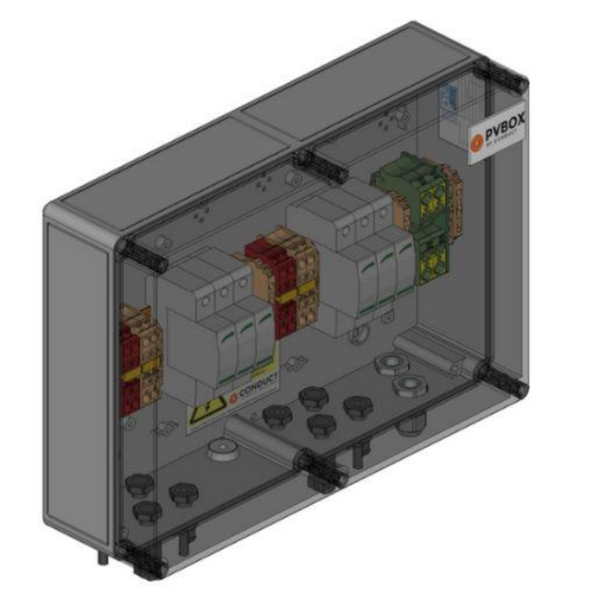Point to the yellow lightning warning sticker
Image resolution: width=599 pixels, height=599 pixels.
click(x=206, y=417)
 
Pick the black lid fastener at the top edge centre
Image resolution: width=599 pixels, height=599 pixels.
click(x=318, y=164)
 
